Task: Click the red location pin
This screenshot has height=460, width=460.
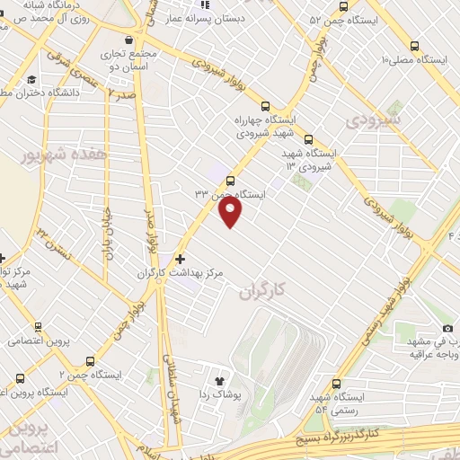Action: (x=231, y=211)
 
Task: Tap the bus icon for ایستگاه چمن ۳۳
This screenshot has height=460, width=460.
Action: (x=231, y=180)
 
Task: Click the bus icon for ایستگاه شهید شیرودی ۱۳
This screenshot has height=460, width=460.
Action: (x=308, y=139)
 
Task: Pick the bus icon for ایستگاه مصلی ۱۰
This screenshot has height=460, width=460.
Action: (x=413, y=47)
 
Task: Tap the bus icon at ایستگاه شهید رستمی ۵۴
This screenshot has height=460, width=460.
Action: (x=335, y=384)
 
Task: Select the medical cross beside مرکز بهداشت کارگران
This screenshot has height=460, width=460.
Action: (x=181, y=259)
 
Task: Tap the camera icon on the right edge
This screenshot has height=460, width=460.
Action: (x=447, y=329)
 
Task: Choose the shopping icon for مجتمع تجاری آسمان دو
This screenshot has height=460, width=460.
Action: (x=131, y=40)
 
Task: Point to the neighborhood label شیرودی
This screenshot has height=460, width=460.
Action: (x=373, y=119)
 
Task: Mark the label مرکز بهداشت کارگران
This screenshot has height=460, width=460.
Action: (x=187, y=271)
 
